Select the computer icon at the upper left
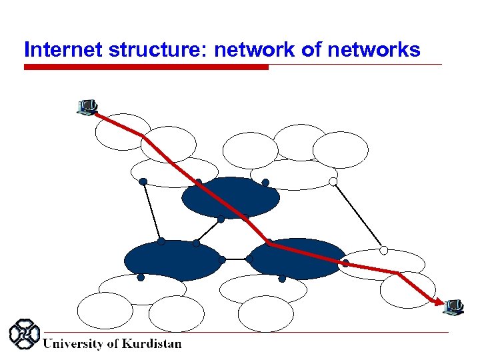[x=87, y=107]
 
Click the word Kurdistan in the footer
[x=152, y=344]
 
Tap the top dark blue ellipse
[x=231, y=197]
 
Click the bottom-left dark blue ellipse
[x=173, y=260]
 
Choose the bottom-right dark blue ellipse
[x=297, y=259]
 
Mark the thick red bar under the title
[x=146, y=67]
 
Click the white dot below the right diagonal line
[x=383, y=250]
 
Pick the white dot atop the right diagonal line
[x=333, y=181]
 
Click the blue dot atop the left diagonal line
[x=143, y=181]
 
